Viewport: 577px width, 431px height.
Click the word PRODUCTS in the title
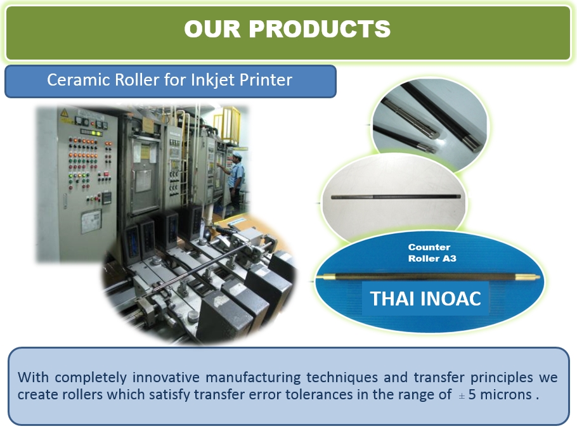tap(320, 29)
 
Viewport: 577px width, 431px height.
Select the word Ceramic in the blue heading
tap(79, 80)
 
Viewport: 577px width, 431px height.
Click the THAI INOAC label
tap(425, 299)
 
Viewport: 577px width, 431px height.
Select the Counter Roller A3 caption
tap(432, 253)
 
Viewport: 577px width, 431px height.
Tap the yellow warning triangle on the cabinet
tap(65, 112)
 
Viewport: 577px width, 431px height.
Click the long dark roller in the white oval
tap(396, 196)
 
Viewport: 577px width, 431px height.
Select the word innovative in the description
tap(166, 377)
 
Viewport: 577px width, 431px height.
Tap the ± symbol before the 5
tap(462, 396)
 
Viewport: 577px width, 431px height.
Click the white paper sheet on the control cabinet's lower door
tap(91, 222)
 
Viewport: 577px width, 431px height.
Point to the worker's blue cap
tap(237, 154)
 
